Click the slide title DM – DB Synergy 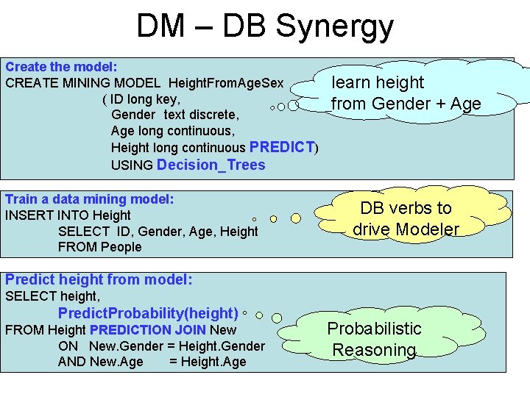coord(265,26)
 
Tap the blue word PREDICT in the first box coord(283,147)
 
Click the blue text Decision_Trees coord(211,165)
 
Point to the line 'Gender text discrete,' coord(174,115)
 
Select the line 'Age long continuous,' coord(172,131)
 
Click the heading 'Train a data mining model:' coord(89,199)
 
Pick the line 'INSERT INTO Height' coord(68,215)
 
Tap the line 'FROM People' coord(99,247)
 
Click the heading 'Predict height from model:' coord(99,279)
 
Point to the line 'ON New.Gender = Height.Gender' coord(161,346)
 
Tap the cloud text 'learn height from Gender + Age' coord(406,93)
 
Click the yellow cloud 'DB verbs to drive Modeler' coord(406,218)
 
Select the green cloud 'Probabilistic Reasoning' coord(374,339)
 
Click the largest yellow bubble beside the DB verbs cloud coord(296,218)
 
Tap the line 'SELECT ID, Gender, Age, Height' coord(158,232)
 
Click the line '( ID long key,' coord(141,99)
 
